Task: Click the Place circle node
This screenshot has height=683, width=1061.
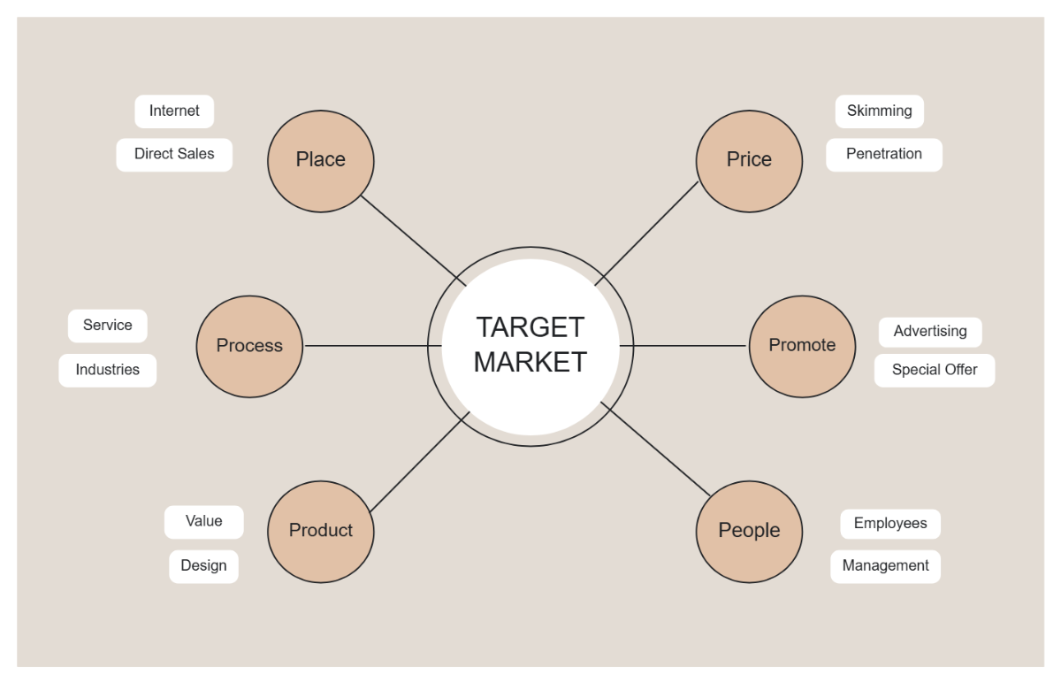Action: [321, 160]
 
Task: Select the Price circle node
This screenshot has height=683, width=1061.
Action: [749, 160]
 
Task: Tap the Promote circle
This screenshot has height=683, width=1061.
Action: [802, 346]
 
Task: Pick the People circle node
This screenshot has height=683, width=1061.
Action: [749, 531]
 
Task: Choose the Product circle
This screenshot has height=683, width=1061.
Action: [321, 531]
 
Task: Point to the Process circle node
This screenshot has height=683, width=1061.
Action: [249, 346]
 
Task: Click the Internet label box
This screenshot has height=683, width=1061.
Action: [174, 111]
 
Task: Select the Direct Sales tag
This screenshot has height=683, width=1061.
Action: [174, 154]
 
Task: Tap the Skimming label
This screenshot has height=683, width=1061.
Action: [879, 111]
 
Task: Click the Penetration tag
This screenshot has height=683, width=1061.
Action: [883, 154]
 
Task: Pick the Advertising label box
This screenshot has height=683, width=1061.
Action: [930, 332]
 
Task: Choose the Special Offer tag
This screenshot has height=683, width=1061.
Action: [935, 370]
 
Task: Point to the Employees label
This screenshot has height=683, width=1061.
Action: [890, 524]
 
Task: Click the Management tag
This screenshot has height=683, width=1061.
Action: [885, 566]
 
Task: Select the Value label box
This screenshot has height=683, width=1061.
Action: [203, 522]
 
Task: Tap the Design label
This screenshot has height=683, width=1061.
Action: [203, 566]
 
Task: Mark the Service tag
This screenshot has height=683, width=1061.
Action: [107, 326]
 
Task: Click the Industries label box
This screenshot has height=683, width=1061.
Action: [107, 370]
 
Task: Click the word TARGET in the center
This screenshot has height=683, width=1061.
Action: [530, 327]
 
